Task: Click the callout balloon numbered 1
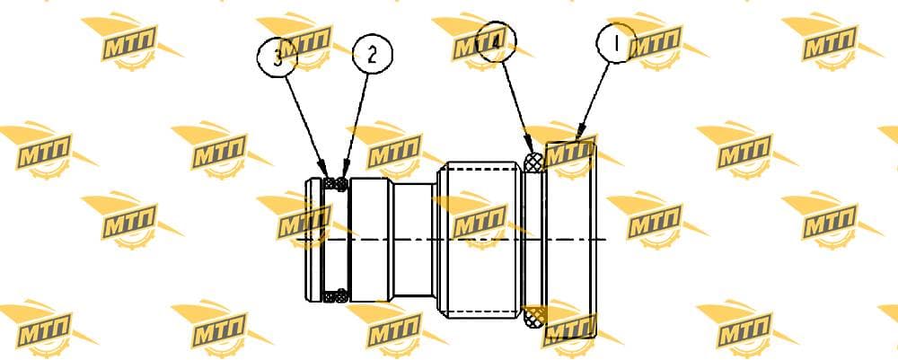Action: (616, 42)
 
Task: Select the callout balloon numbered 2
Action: (373, 55)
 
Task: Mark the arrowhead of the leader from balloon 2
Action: (345, 171)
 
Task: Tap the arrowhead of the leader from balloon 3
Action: (327, 171)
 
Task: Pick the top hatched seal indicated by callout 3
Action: (330, 184)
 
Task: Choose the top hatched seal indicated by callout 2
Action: (341, 184)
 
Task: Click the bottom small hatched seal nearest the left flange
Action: (330, 296)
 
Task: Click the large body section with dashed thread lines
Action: (480, 239)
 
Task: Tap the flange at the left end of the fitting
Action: (314, 240)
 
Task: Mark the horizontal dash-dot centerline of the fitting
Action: (451, 239)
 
